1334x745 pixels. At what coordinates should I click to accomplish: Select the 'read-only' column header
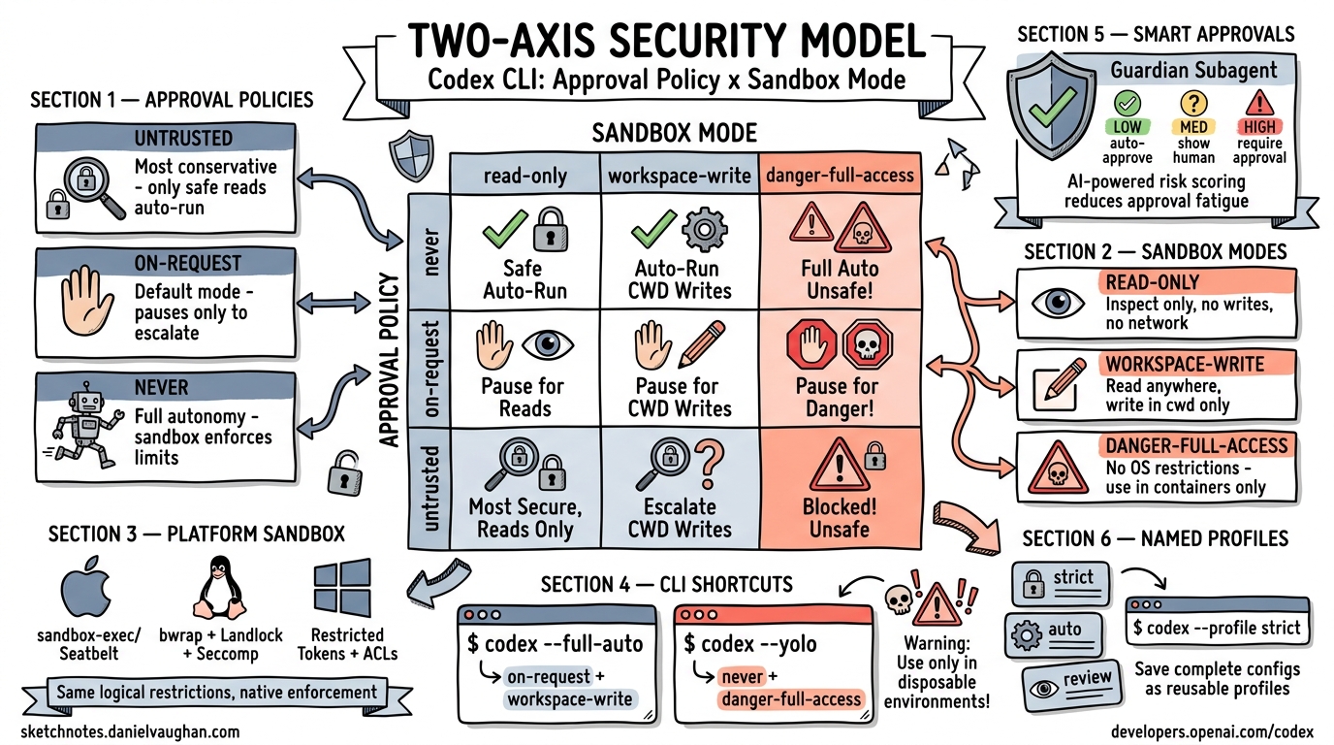pyautogui.click(x=524, y=176)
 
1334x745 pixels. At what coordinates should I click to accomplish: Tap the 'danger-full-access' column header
pyautogui.click(x=840, y=176)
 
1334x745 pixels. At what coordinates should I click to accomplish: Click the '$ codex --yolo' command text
pyautogui.click(x=749, y=644)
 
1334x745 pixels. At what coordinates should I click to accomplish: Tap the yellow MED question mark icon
pyautogui.click(x=1191, y=103)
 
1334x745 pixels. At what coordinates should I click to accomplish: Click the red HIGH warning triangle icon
pyautogui.click(x=1259, y=103)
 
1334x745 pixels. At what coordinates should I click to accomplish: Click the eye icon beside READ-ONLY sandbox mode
pyautogui.click(x=1058, y=302)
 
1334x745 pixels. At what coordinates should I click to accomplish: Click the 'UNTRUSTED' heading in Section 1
pyautogui.click(x=183, y=139)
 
